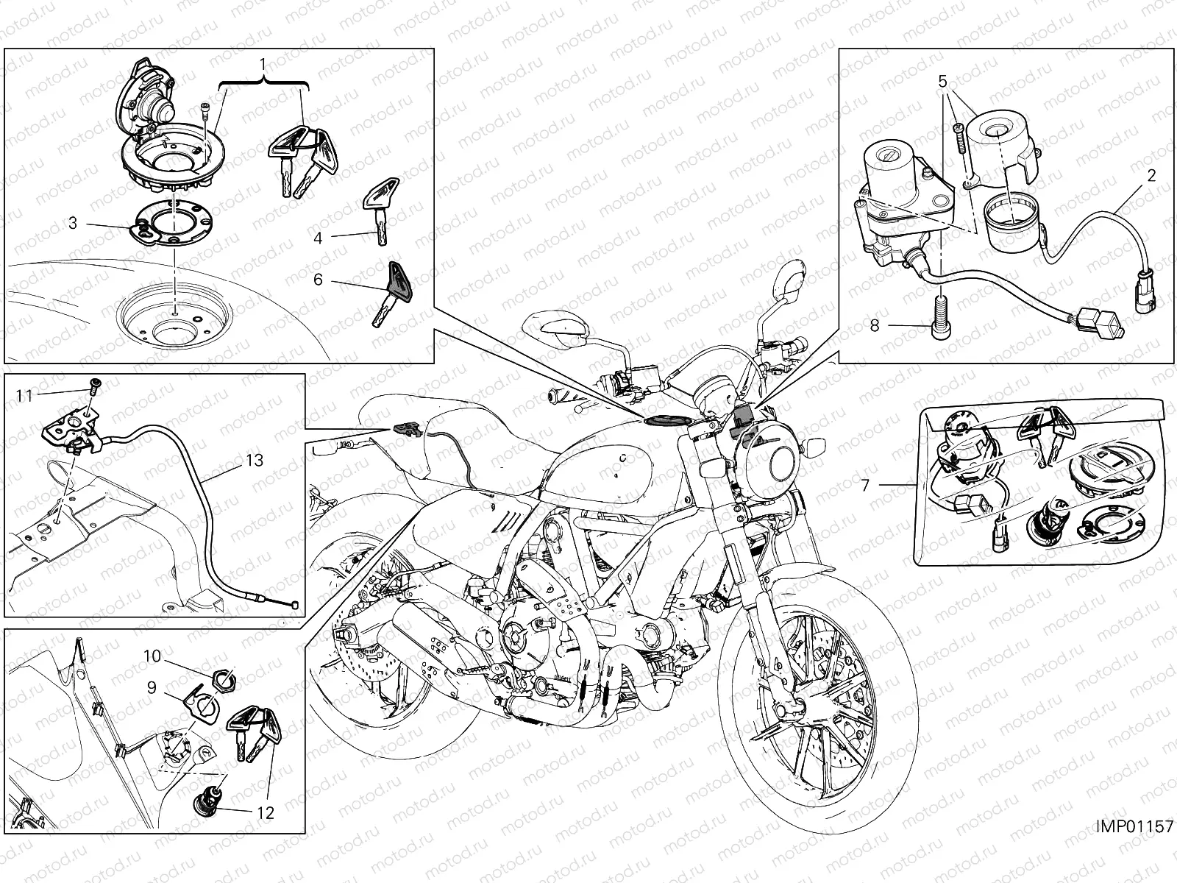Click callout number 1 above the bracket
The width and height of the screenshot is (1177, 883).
pyautogui.click(x=263, y=64)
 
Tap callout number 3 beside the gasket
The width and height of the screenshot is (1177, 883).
pyautogui.click(x=73, y=222)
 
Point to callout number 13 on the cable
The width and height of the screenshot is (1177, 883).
pyautogui.click(x=254, y=460)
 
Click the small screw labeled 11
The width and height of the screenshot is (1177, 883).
pyautogui.click(x=96, y=383)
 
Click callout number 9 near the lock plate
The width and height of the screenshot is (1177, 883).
pyautogui.click(x=152, y=687)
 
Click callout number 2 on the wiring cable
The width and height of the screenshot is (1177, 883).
pyautogui.click(x=1151, y=175)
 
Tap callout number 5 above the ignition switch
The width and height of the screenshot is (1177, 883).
pyautogui.click(x=943, y=82)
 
